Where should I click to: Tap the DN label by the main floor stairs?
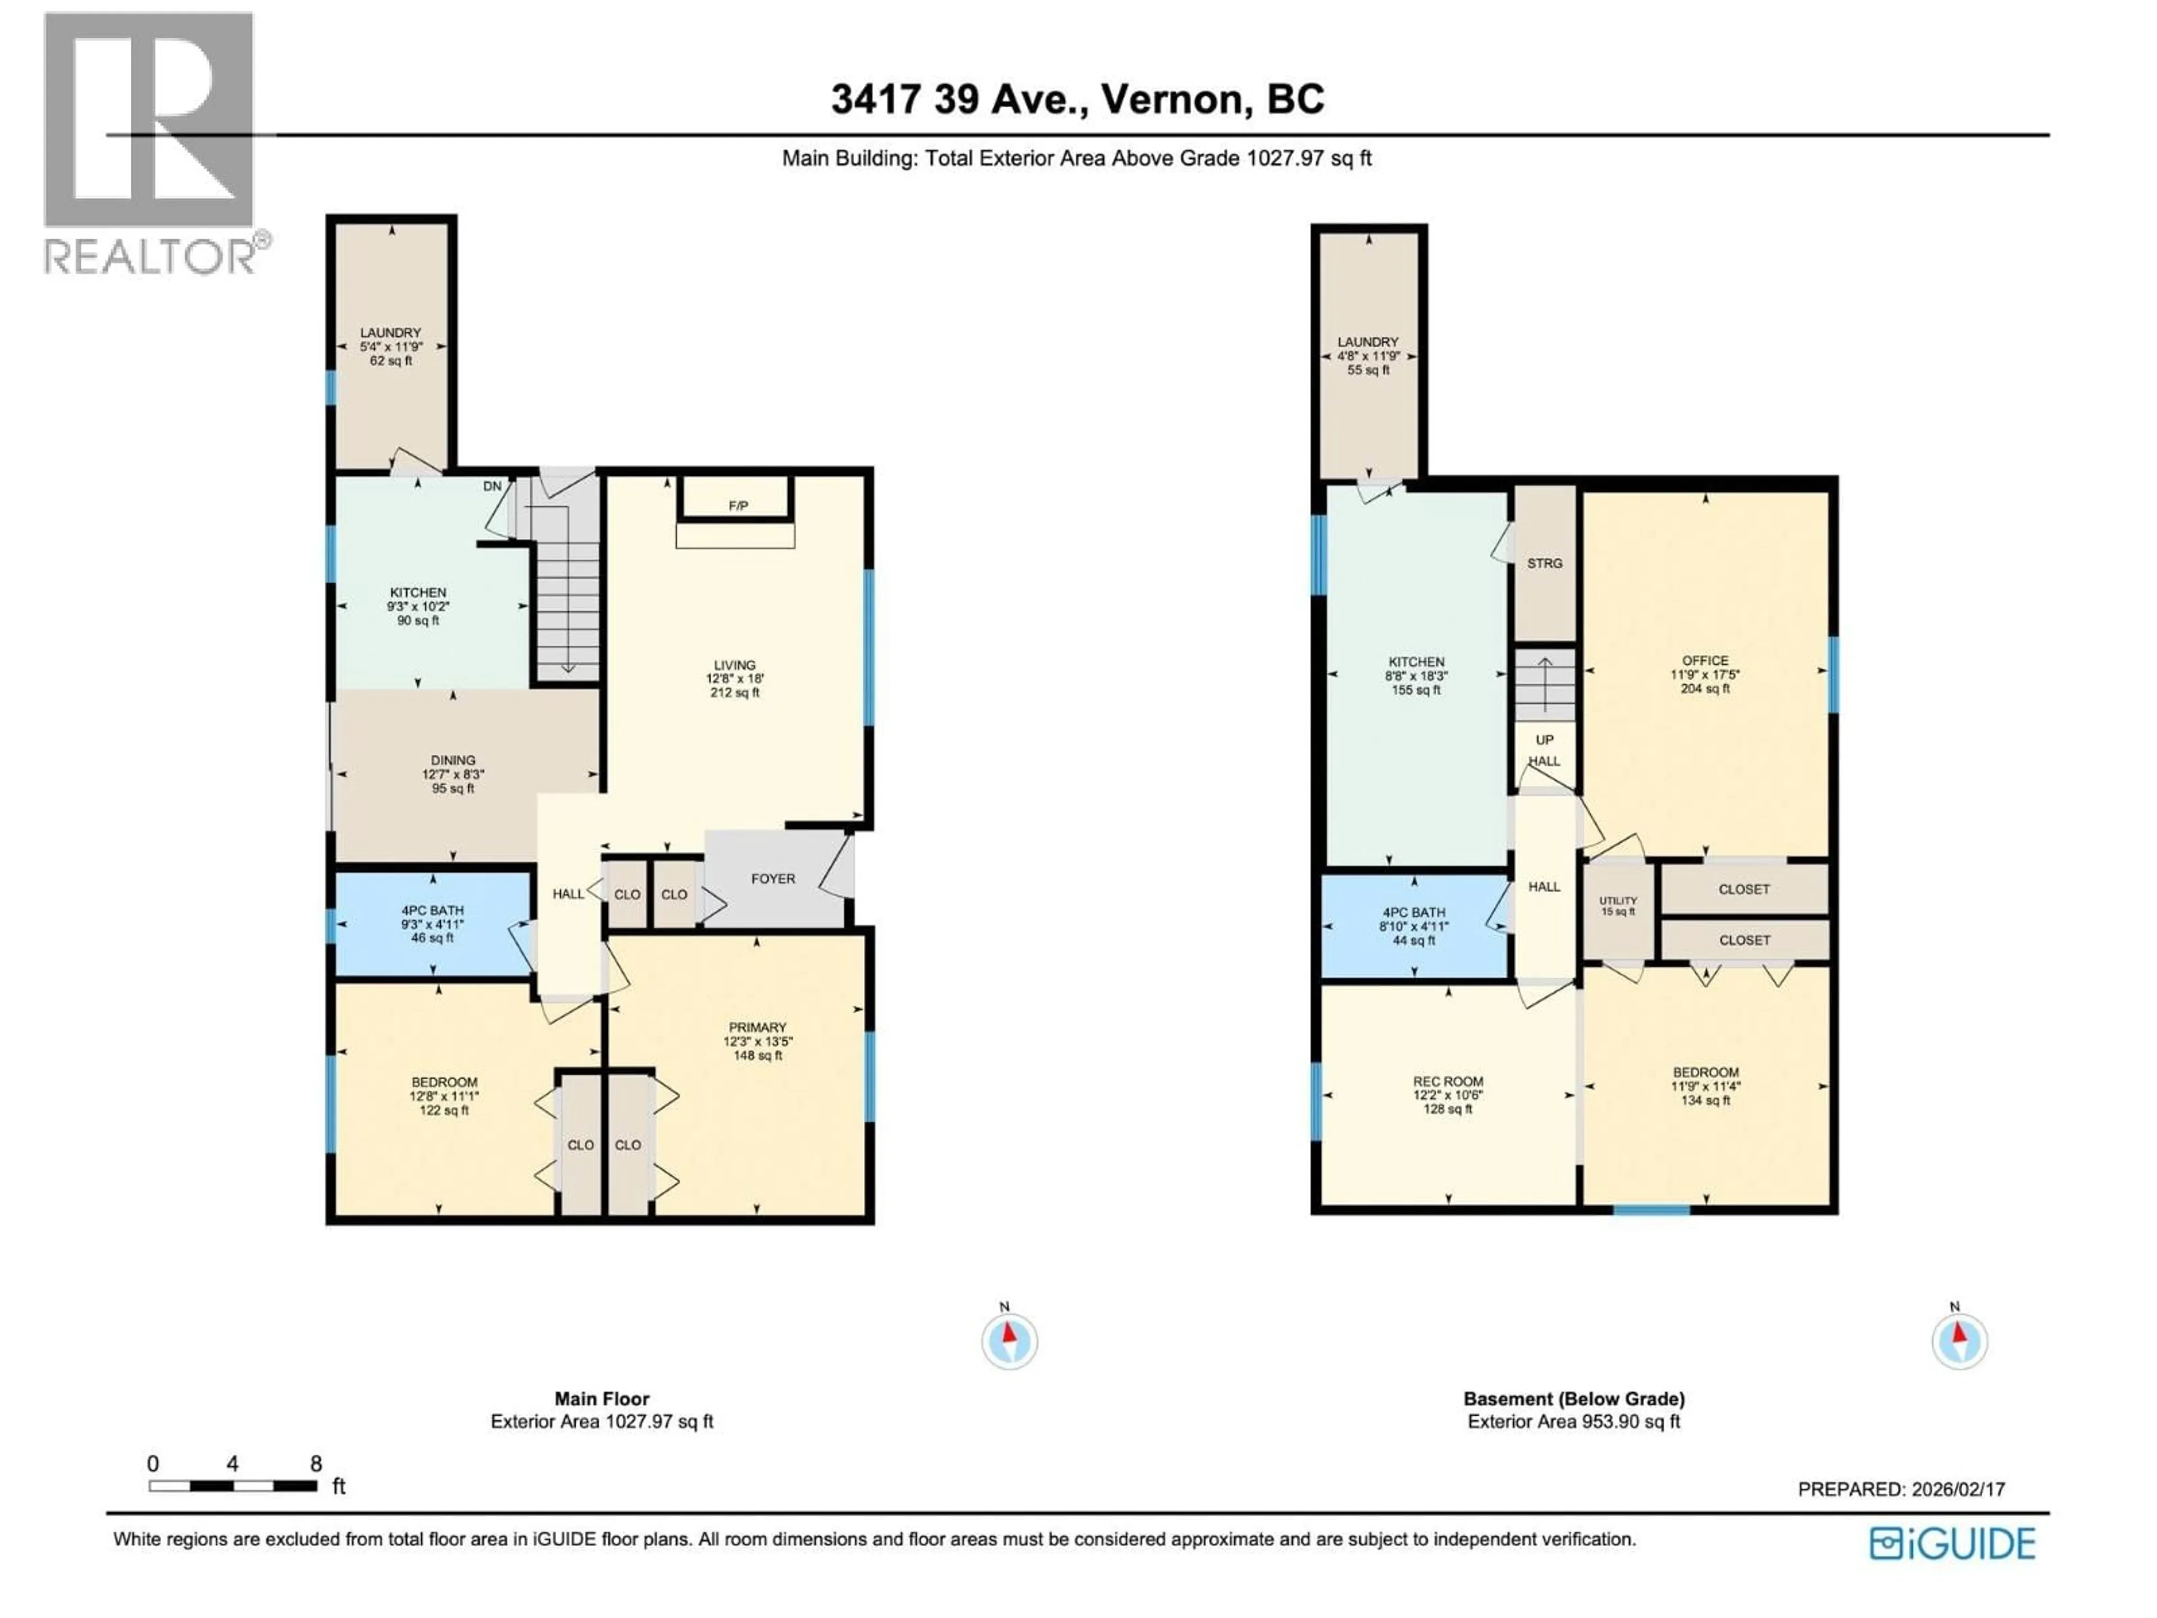493,486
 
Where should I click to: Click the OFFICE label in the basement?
1705,660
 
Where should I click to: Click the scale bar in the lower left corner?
233,1487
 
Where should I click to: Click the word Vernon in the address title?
1176,99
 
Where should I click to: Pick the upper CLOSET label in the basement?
1744,889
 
